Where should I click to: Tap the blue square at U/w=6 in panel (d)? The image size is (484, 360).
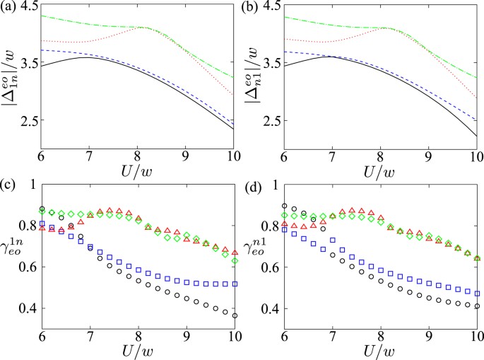click(283, 229)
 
